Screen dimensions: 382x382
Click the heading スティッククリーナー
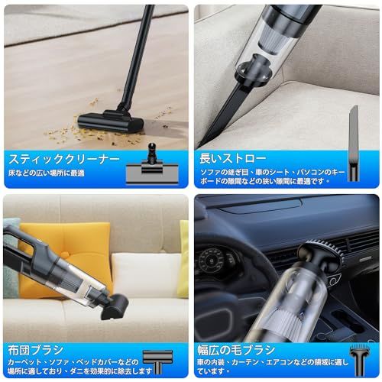click(x=64, y=160)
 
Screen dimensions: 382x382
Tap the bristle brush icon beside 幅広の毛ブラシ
click(x=357, y=356)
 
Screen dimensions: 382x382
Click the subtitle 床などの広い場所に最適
click(x=47, y=174)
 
